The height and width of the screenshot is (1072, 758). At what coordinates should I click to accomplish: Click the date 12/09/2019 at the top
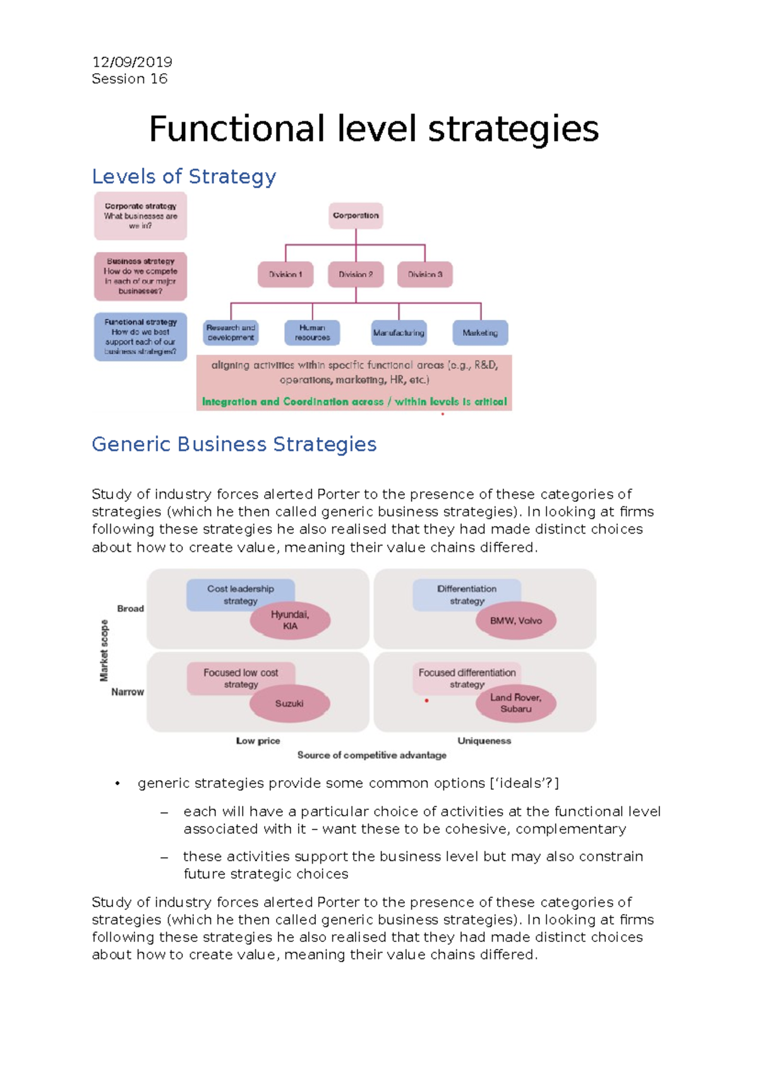click(132, 62)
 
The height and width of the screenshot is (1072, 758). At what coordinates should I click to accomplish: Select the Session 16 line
click(129, 79)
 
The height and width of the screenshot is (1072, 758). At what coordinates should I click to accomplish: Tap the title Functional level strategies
click(373, 129)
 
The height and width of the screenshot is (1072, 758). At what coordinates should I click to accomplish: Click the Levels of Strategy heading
click(184, 176)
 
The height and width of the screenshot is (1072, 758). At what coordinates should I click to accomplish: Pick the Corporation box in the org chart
click(356, 215)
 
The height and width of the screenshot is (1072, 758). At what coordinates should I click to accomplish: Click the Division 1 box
click(286, 275)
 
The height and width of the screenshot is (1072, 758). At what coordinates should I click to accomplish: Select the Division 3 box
click(425, 275)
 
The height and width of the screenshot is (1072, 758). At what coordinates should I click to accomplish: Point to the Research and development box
click(231, 333)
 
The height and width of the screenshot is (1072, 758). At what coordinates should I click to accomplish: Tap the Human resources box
click(312, 333)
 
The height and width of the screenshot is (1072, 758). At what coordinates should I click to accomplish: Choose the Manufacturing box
click(399, 333)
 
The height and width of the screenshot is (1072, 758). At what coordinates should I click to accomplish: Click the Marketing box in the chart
click(480, 333)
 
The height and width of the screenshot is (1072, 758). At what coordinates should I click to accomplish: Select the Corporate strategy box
click(140, 216)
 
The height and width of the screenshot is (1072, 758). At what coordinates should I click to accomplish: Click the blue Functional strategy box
click(140, 336)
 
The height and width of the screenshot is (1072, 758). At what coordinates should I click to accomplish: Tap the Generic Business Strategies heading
click(234, 444)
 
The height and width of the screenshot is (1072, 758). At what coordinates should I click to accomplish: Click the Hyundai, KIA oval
click(290, 621)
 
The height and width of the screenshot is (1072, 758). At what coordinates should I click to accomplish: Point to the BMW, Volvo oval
click(516, 621)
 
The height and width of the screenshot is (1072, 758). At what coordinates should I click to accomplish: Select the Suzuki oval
click(289, 703)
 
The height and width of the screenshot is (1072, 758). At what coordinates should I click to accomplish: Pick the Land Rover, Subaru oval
click(516, 703)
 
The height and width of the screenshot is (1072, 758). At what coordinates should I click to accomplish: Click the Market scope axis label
click(104, 650)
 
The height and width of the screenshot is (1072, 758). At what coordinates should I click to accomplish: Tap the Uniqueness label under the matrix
click(484, 741)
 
